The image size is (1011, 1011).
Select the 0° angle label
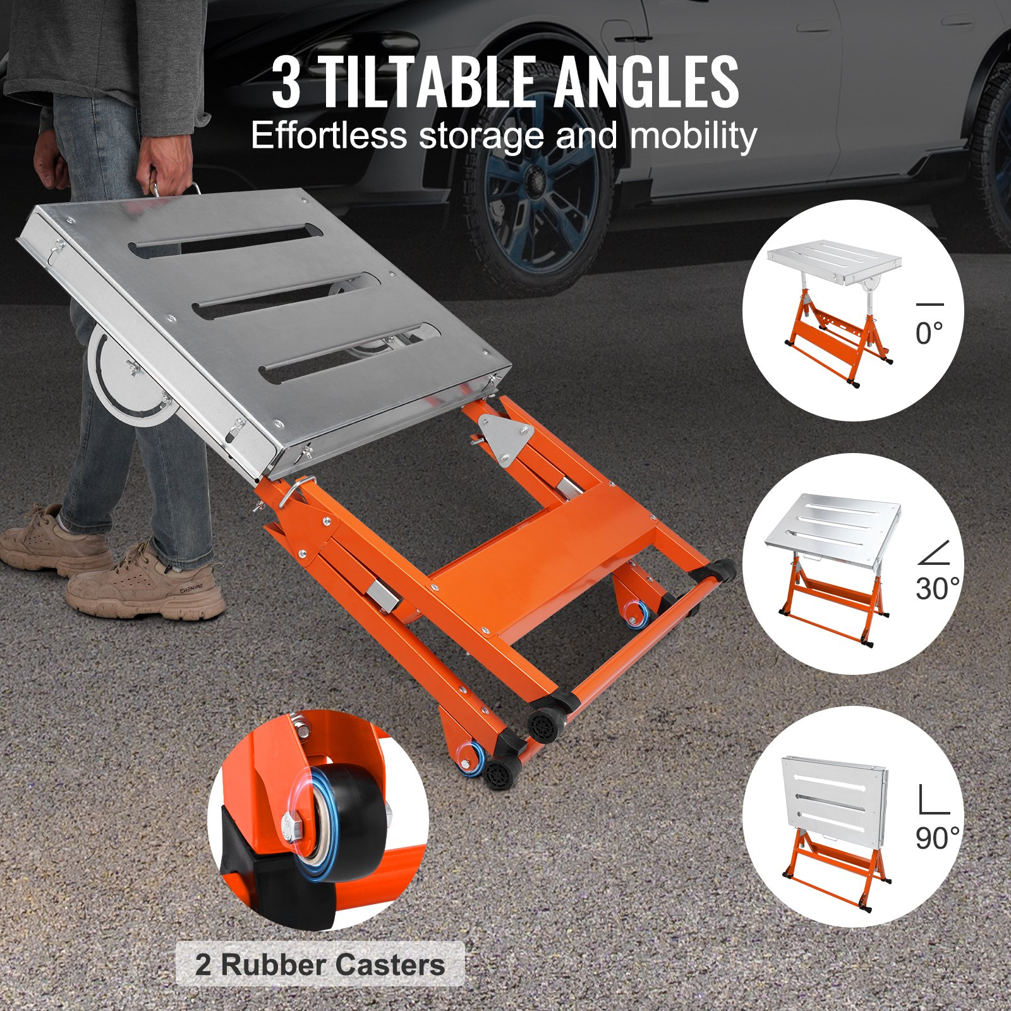pyautogui.click(x=929, y=333)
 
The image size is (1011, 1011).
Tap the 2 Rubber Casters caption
pyautogui.click(x=320, y=965)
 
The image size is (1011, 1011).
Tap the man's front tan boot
pyautogui.click(x=145, y=584)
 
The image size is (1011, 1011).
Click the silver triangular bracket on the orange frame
pyautogui.click(x=505, y=439)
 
